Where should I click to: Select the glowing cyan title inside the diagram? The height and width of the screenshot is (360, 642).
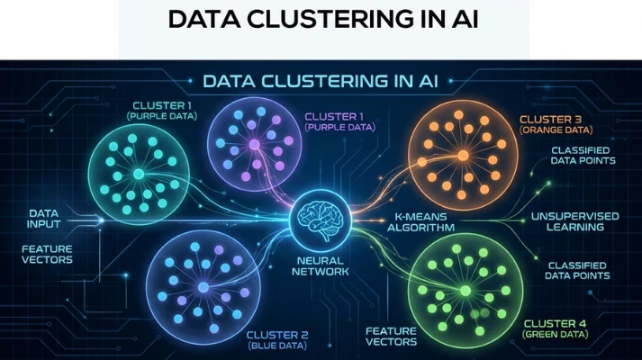coord(321,80)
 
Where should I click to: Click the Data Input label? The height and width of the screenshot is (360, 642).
coord(43,220)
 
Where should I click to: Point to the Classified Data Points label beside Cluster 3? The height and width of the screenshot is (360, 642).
coord(583,155)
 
